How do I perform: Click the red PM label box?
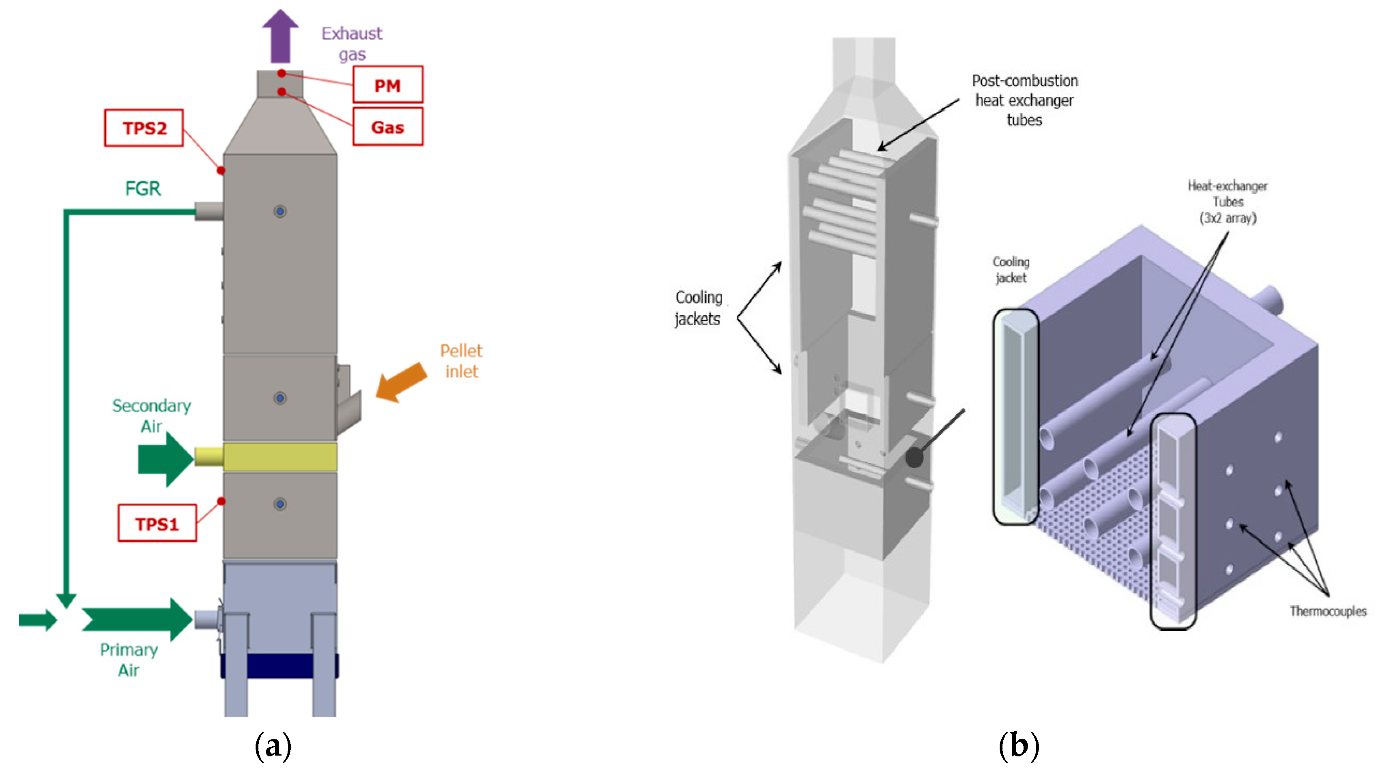pos(387,85)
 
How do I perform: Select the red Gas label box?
pos(387,127)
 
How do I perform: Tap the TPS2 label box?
pos(144,128)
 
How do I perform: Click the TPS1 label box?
pos(157,523)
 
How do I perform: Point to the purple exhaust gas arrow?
pos(280,36)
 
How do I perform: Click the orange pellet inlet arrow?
pos(401,381)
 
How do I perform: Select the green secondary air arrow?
pos(166,459)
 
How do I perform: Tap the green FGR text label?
pos(143,188)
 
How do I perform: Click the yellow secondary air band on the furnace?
pos(280,456)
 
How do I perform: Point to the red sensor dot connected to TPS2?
pos(220,170)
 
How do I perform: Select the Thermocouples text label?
pos(1328,611)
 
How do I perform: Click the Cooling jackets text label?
pos(698,308)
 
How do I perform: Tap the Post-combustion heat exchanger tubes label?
pos(1025,100)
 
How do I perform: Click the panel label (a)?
pos(273,745)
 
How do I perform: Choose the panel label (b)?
pos(1019,745)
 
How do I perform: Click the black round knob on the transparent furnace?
pos(914,458)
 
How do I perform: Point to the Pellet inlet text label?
pos(461,361)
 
